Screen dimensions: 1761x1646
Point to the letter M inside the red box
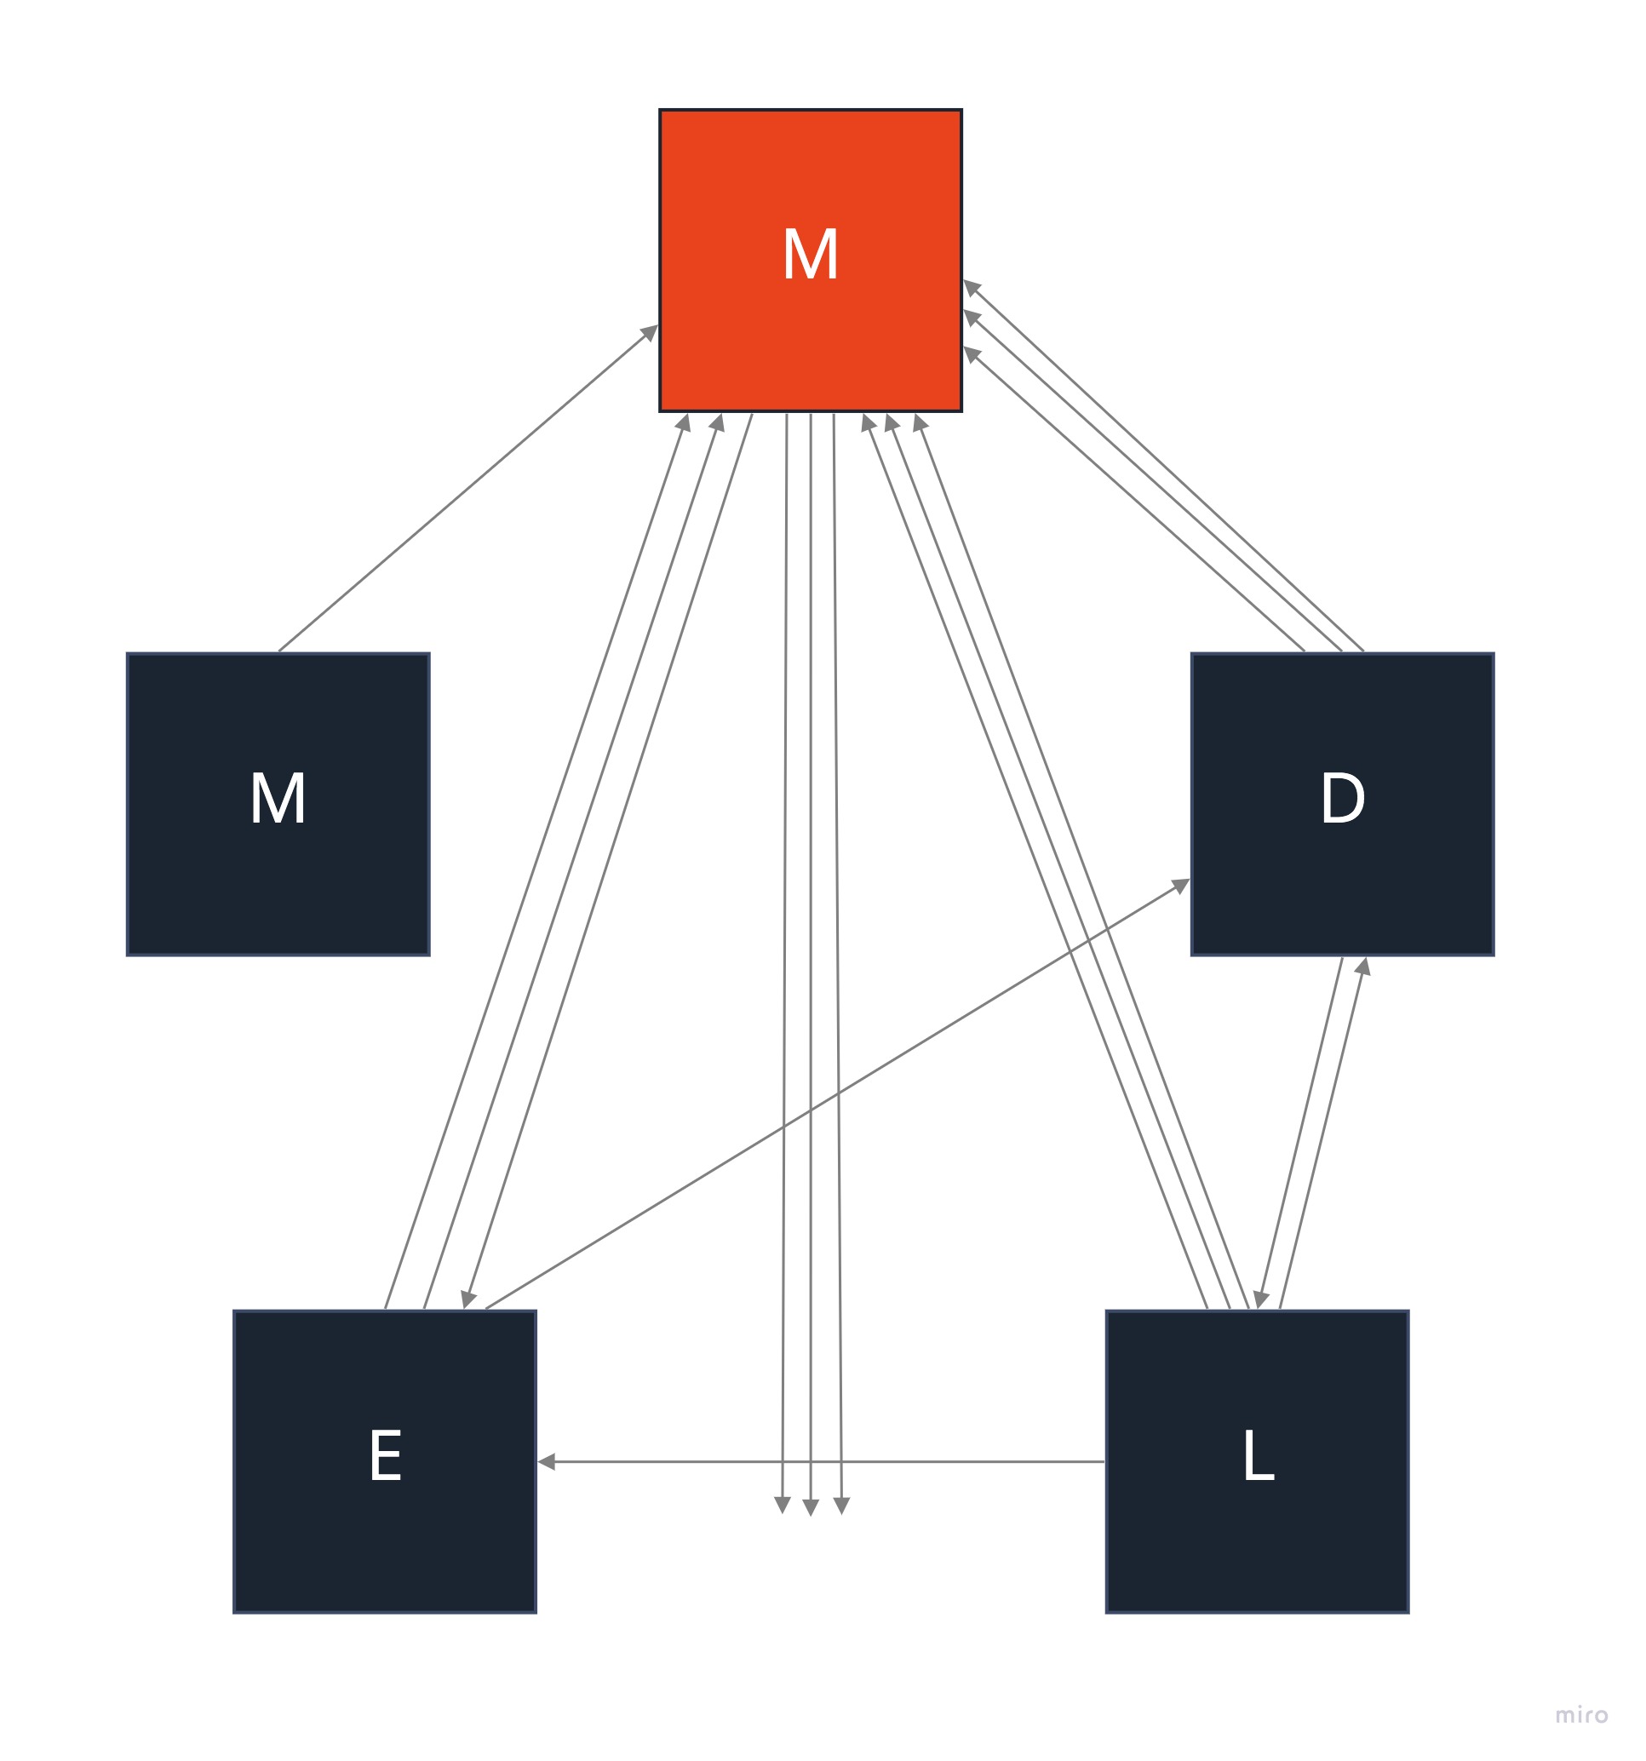point(810,255)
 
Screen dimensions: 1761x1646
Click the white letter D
point(1341,798)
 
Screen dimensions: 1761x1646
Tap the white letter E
point(386,1455)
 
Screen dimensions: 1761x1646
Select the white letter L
point(1257,1455)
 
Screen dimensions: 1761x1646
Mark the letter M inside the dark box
point(278,798)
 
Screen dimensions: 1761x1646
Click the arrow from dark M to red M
point(467,489)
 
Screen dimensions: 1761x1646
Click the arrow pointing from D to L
point(1300,1134)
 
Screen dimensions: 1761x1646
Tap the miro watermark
point(1580,1715)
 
